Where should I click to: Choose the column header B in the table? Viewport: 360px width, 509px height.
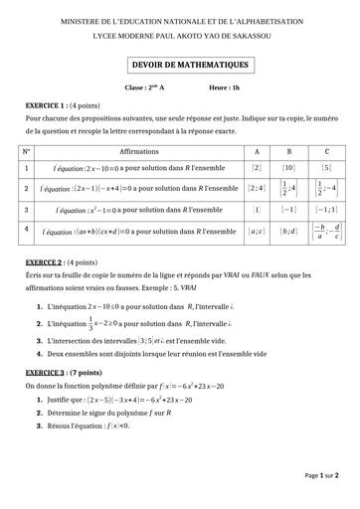tap(289, 152)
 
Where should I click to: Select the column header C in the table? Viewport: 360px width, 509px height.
tap(326, 152)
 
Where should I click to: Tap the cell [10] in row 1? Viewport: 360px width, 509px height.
tap(289, 168)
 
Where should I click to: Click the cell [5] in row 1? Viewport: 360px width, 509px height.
tap(326, 168)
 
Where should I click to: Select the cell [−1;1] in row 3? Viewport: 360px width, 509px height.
tap(326, 210)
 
